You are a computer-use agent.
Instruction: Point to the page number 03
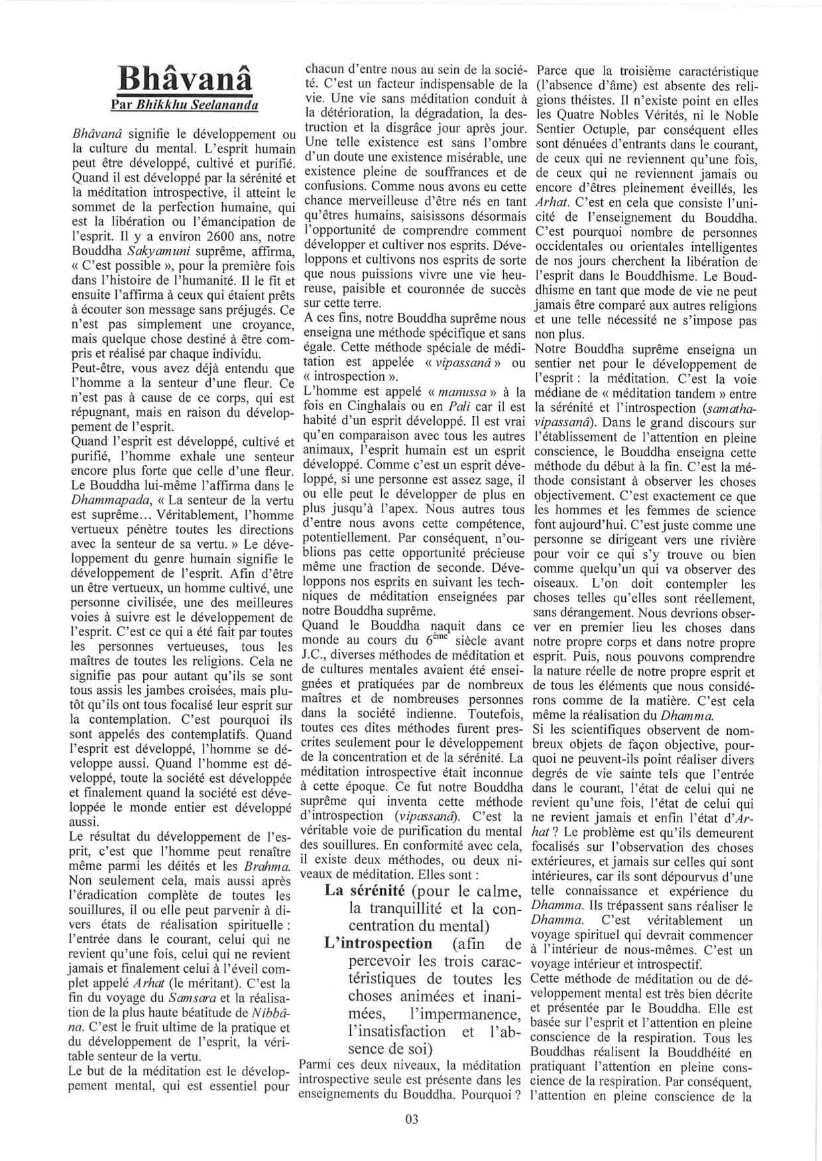[x=412, y=1119]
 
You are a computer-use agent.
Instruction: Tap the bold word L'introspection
[x=379, y=943]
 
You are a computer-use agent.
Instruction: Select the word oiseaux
[x=555, y=584]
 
